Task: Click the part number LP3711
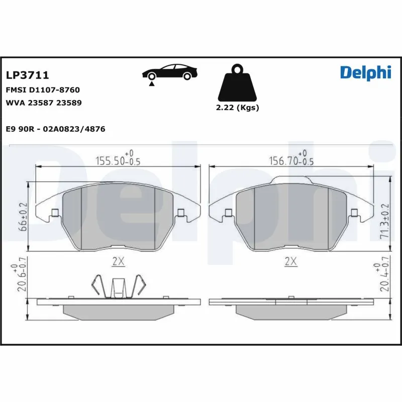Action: point(27,75)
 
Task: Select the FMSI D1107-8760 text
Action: point(43,90)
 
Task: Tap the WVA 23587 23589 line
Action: point(43,103)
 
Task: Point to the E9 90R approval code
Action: point(55,129)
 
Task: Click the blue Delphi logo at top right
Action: point(365,73)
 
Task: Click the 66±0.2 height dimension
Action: point(22,216)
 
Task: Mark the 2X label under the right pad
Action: point(290,261)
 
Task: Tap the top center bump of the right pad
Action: point(290,179)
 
